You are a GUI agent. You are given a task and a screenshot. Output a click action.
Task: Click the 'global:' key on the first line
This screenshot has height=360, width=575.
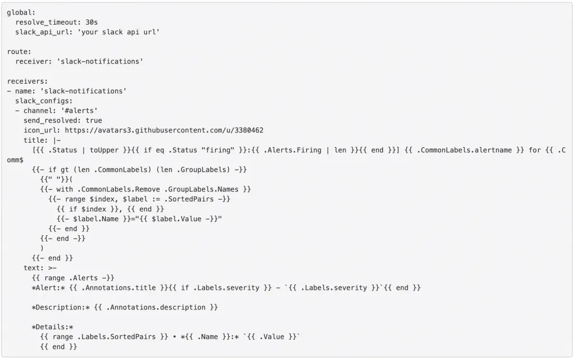21,12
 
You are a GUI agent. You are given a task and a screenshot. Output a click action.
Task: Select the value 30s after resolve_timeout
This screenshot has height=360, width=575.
92,22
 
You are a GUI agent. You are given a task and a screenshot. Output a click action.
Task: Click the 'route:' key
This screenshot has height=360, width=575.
19,52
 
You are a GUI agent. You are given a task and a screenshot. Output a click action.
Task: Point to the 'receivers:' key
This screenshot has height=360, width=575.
27,81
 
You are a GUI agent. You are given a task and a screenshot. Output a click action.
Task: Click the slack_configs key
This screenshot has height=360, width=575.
44,101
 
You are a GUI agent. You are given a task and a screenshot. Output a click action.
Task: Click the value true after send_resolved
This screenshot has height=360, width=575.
94,121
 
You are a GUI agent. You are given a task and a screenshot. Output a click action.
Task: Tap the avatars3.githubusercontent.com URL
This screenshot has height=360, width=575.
164,130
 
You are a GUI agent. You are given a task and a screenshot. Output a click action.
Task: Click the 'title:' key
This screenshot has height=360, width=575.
35,140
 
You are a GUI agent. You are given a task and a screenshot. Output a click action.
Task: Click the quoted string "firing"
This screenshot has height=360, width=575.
218,151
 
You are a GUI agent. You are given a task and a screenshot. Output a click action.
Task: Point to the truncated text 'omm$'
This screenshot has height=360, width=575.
15,160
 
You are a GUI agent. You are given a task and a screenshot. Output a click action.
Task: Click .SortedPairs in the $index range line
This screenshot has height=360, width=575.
189,199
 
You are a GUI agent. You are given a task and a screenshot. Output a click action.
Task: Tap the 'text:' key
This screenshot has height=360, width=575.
33,268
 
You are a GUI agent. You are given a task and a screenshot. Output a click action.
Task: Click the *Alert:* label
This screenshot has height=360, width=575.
48,288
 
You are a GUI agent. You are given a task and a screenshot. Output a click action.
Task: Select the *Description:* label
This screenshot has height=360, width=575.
61,308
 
